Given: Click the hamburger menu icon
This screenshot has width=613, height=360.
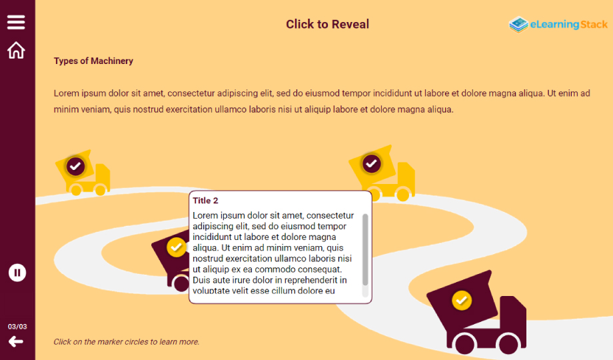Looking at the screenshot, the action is pos(16,22).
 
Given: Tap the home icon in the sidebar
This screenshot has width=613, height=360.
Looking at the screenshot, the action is pos(16,50).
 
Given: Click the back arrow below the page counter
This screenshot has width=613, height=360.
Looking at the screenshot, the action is pos(16,341).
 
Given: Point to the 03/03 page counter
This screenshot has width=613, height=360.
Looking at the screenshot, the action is pos(17,327).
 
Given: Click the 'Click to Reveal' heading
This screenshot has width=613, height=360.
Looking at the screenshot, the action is pos(327,24).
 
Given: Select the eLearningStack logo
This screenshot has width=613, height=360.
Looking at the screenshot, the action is pos(558,24).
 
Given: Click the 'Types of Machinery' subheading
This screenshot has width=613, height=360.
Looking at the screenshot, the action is pos(93,61).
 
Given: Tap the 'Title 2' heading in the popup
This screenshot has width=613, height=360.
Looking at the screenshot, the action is pos(205,201).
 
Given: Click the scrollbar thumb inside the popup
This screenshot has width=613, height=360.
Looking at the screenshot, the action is pos(365,249).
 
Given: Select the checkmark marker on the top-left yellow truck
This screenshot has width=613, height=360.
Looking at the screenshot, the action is pos(75,166).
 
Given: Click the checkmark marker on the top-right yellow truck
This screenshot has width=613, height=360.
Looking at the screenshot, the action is pos(371,163).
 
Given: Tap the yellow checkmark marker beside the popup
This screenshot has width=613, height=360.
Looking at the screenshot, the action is pos(177,247).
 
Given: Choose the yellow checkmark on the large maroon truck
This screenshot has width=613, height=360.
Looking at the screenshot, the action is pos(462,301).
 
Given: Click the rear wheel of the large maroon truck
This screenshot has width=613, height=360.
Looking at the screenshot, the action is pos(465,344).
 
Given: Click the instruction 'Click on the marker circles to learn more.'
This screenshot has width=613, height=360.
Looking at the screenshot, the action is pos(127,341).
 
